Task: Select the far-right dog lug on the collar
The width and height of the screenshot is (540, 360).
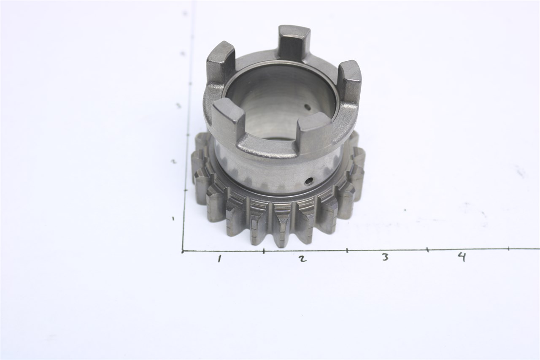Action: tap(349, 80)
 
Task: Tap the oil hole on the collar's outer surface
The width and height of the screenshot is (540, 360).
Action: tap(310, 181)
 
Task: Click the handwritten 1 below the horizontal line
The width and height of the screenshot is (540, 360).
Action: tap(219, 259)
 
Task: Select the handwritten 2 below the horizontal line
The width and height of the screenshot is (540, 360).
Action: tap(302, 259)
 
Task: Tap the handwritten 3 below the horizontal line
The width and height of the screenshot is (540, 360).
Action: tap(385, 257)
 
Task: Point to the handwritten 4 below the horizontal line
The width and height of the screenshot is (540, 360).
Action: tap(462, 256)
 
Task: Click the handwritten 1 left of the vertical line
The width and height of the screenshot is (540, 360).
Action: tap(173, 218)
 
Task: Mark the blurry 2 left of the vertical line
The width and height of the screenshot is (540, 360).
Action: tap(173, 161)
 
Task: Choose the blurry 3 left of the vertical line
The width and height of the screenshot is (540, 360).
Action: tap(178, 106)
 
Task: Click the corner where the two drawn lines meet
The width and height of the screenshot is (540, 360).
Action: tap(183, 252)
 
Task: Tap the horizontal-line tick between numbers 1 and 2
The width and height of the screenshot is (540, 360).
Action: tap(264, 251)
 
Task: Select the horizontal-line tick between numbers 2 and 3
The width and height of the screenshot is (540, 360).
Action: tap(347, 250)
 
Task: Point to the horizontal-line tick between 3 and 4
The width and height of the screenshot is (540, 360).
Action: tap(427, 250)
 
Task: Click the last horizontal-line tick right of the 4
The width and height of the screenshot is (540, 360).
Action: tap(508, 249)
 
